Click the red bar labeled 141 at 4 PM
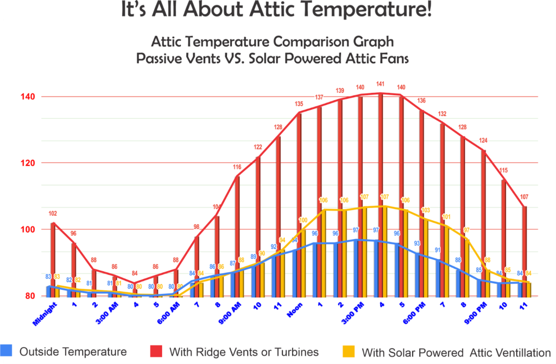click(x=381, y=195)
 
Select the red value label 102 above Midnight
click(x=53, y=214)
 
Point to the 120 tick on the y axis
click(x=28, y=163)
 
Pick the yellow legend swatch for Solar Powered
click(x=350, y=352)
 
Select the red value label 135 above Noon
click(x=299, y=104)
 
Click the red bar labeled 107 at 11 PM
click(x=524, y=252)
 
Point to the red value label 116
click(x=237, y=167)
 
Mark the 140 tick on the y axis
click(x=28, y=97)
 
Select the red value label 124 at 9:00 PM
click(x=482, y=141)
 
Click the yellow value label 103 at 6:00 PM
click(x=426, y=210)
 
